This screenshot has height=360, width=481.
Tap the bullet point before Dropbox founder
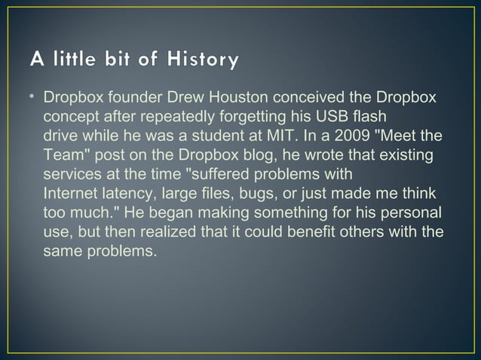coord(33,99)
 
